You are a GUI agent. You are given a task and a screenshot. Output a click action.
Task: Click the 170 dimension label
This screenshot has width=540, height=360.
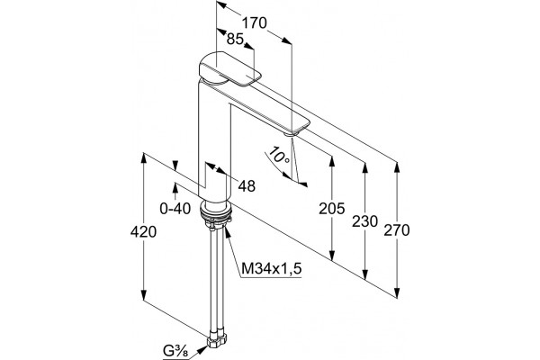[255, 23]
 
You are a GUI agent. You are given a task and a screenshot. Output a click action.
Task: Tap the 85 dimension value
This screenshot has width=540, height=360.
[235, 40]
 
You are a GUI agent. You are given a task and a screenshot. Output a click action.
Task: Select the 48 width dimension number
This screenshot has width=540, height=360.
[247, 186]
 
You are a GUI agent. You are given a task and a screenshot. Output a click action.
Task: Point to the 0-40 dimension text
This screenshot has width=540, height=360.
[175, 209]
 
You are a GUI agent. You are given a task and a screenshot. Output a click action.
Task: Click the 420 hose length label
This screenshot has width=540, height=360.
[143, 232]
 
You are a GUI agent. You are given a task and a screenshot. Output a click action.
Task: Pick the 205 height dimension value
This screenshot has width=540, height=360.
[331, 209]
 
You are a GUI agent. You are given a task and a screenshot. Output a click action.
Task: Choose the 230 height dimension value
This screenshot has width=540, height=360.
[364, 221]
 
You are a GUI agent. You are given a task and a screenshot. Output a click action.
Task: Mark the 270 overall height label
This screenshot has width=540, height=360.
[397, 230]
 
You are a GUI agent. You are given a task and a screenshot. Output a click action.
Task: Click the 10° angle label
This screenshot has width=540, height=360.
[279, 155]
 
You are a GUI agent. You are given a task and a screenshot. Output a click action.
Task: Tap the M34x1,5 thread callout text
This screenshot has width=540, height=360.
[272, 268]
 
